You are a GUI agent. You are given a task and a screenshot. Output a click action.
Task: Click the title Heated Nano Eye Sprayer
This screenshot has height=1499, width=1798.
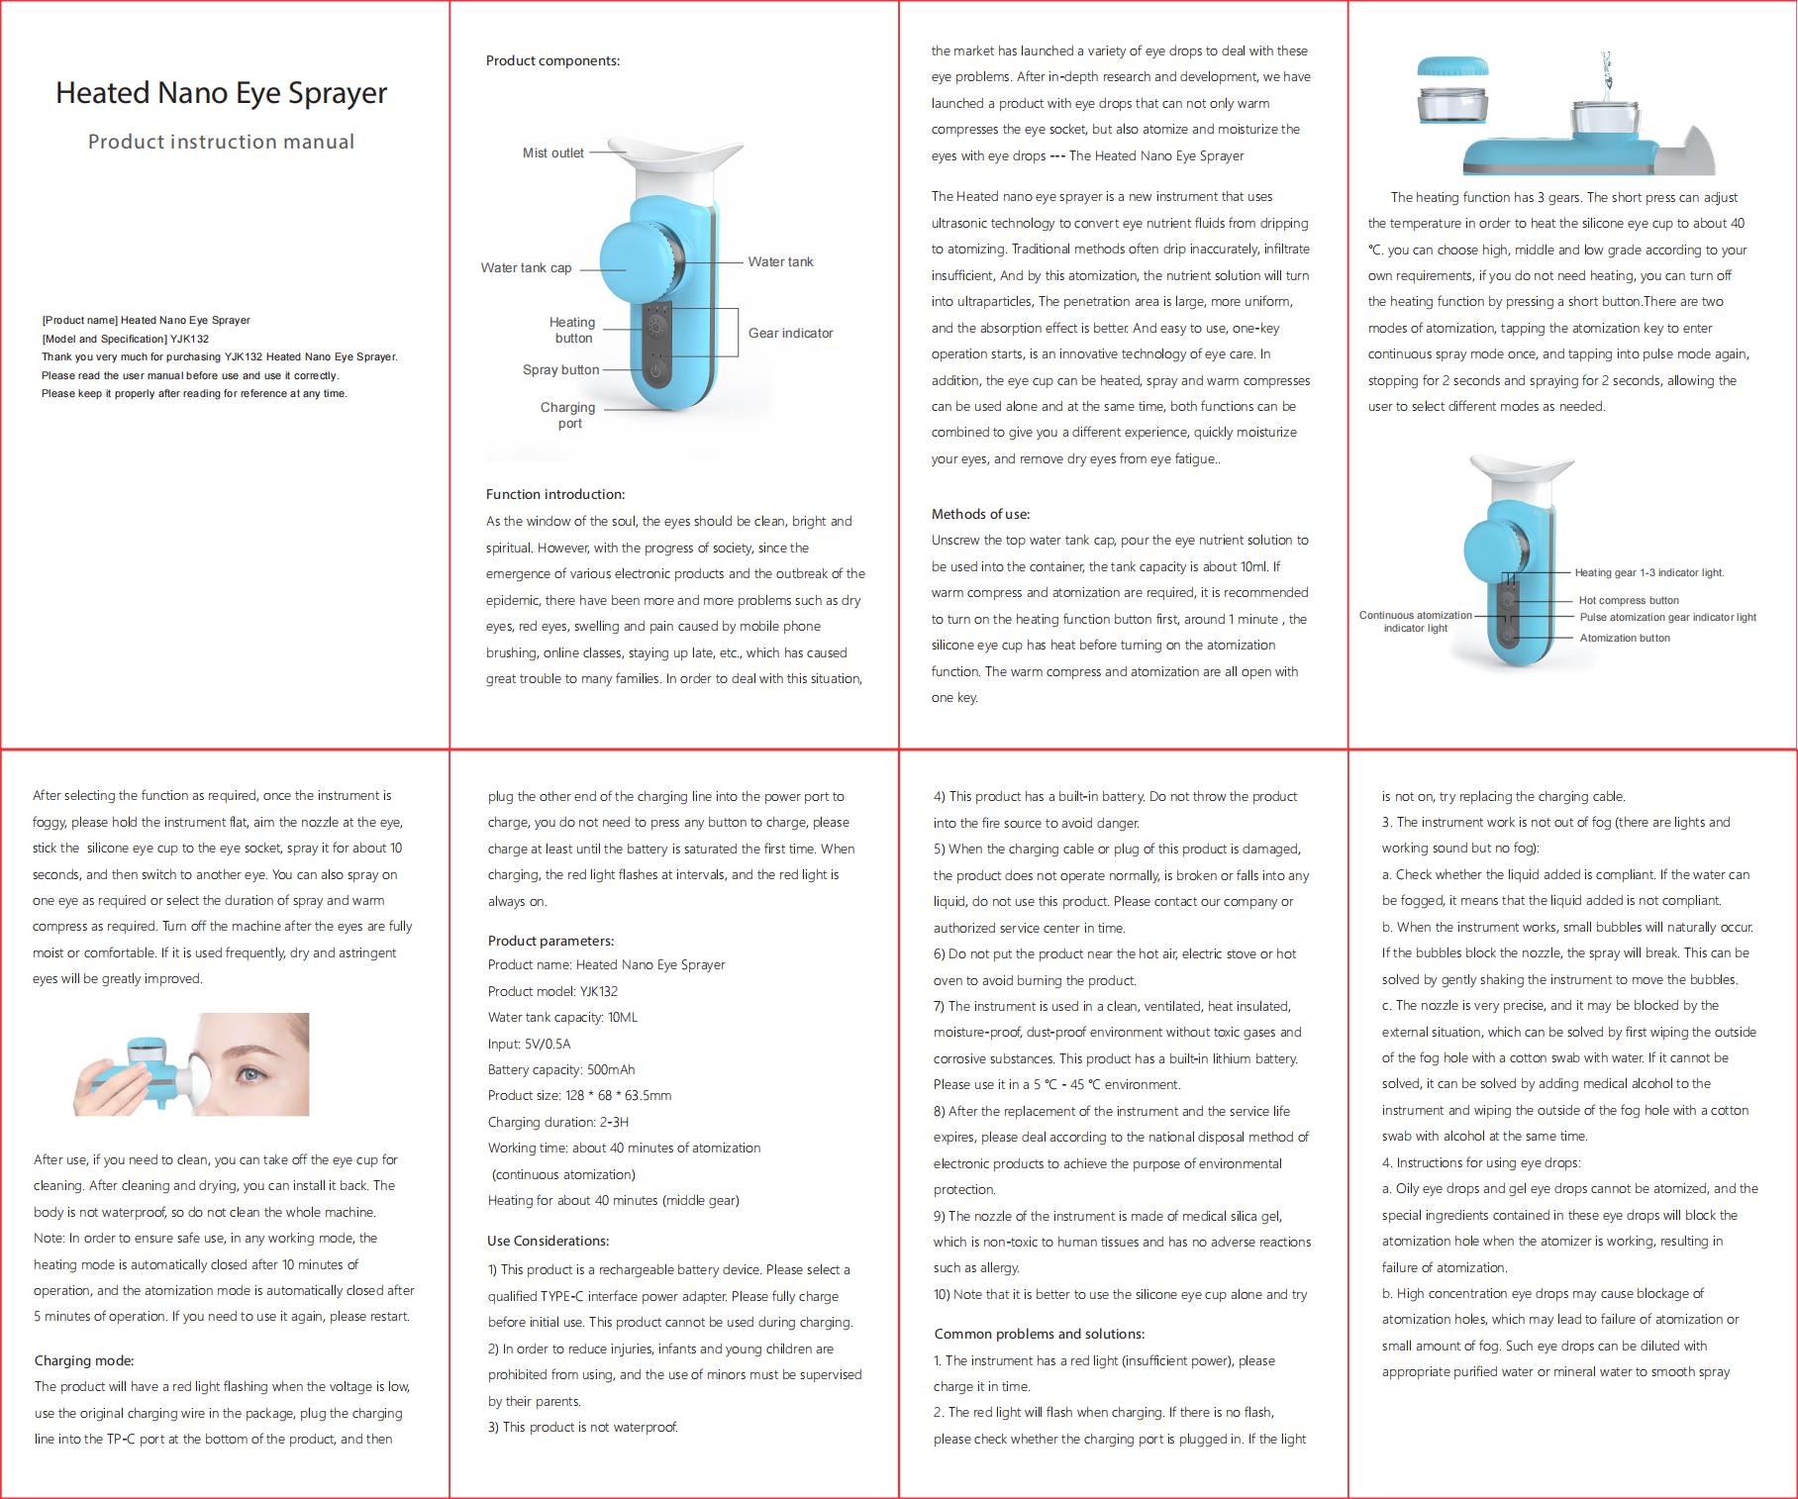(x=221, y=93)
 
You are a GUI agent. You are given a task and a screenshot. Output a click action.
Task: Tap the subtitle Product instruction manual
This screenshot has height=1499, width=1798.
(x=221, y=142)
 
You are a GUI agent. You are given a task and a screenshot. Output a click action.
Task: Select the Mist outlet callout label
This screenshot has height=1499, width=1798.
(x=553, y=153)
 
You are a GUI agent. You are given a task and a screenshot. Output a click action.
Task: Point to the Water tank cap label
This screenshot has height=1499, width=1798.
(x=526, y=268)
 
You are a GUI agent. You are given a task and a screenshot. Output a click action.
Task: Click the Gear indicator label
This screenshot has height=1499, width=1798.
(x=791, y=333)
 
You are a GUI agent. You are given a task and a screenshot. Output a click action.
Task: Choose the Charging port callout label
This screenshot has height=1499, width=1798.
(x=568, y=415)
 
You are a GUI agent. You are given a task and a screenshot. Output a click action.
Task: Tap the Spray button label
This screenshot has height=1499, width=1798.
(x=561, y=370)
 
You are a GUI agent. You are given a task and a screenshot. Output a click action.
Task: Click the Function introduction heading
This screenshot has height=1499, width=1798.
(x=555, y=494)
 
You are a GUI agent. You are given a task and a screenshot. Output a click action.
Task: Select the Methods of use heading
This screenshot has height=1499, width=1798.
(x=981, y=514)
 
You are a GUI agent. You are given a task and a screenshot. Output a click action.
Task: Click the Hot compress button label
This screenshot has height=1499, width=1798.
(x=1629, y=600)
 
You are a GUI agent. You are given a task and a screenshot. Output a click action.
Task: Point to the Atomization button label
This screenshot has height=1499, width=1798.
(x=1625, y=638)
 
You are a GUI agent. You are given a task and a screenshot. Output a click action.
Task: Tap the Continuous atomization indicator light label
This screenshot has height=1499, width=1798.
(x=1416, y=622)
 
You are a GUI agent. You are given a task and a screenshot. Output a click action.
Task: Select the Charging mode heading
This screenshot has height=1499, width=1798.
(x=84, y=1360)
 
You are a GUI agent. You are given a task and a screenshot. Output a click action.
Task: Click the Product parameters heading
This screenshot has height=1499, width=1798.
(x=550, y=941)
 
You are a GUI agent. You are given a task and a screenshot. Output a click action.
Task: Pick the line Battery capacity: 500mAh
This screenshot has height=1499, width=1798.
(x=561, y=1069)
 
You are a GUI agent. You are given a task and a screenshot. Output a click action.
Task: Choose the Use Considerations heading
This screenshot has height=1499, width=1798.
(x=549, y=1241)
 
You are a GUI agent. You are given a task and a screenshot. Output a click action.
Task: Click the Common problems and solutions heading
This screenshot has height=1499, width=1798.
(x=1040, y=1334)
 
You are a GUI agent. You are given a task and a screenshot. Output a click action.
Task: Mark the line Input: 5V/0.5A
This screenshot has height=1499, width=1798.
(x=530, y=1044)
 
